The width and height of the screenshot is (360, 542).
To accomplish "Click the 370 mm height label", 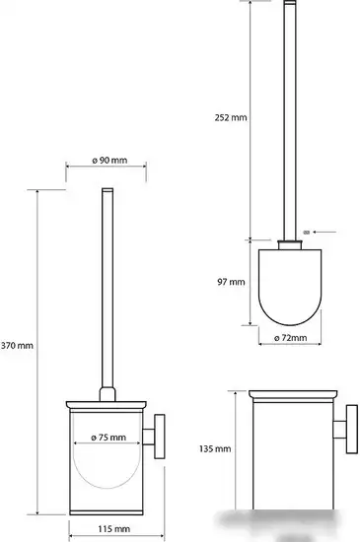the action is pos(17,345).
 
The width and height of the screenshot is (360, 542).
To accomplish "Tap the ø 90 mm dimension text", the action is pos(109,161).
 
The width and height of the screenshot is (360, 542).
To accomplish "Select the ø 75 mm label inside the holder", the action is pos(108,438).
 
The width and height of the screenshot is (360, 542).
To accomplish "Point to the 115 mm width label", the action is pos(113,529).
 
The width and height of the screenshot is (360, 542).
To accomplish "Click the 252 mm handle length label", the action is pos(231,118).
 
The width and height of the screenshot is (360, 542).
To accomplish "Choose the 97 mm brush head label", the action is pos(231,282).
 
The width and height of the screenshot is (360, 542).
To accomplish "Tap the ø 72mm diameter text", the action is pos(290,338).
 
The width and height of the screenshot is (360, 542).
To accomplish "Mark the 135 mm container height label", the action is pos(215,449).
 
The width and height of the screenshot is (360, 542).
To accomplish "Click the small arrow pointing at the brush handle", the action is pos(324,232).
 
